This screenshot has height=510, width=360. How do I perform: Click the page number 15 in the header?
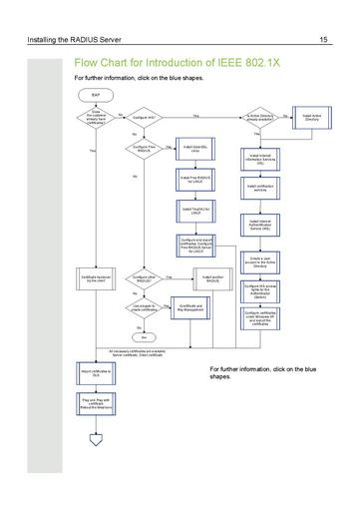(324, 39)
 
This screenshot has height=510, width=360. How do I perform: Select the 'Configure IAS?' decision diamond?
(143, 118)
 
